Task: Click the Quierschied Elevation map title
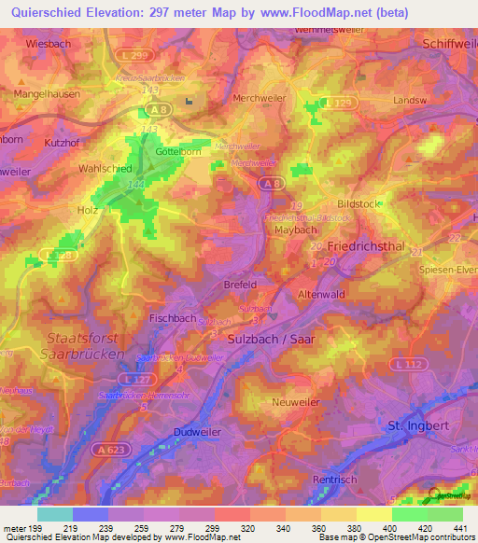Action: [239, 12]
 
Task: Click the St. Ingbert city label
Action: [419, 426]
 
